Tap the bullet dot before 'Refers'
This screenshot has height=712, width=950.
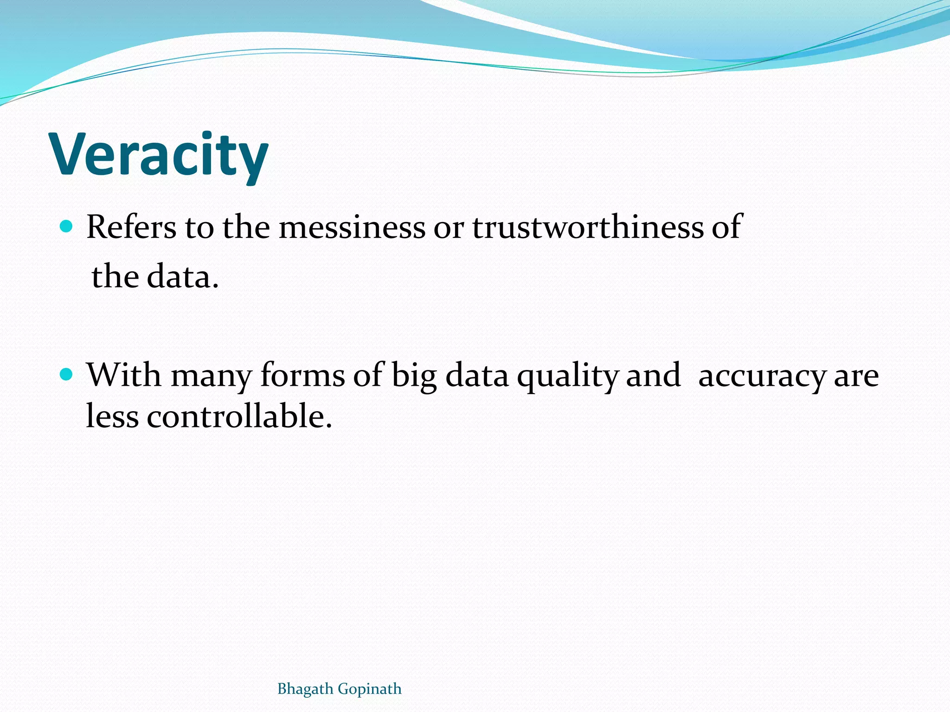[67, 227]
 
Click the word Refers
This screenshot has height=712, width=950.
[131, 227]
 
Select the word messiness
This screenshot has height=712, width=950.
[352, 227]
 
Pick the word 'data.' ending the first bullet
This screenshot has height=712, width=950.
[182, 277]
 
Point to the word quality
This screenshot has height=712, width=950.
[568, 375]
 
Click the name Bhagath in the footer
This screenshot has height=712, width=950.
[305, 689]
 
